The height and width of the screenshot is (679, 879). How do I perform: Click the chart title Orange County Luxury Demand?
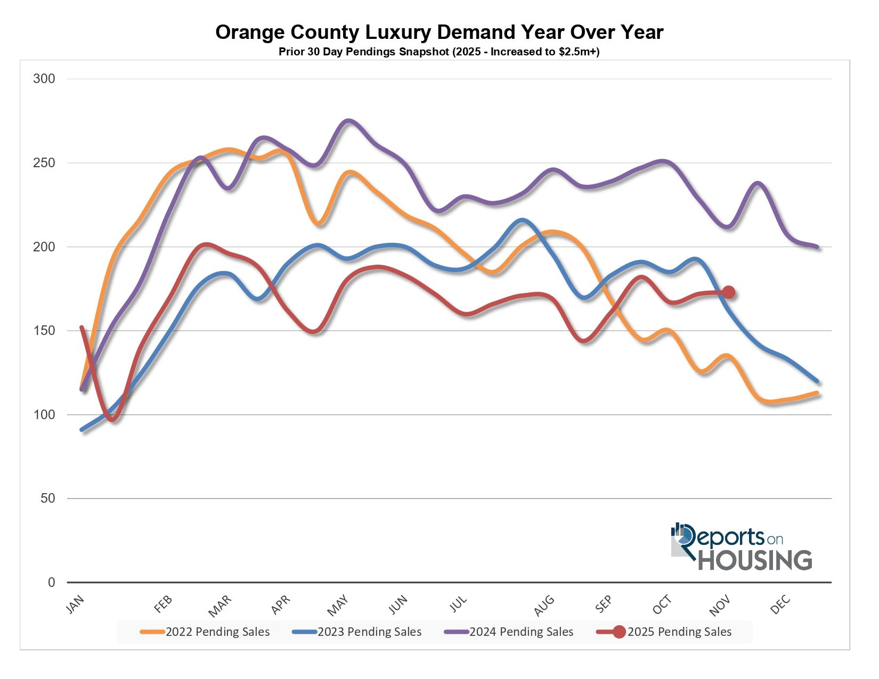click(x=439, y=32)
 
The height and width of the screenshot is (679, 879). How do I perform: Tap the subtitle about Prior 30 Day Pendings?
click(x=439, y=52)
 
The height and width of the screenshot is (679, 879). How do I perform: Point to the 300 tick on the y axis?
click(x=44, y=79)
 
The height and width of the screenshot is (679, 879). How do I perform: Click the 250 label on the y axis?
click(x=44, y=163)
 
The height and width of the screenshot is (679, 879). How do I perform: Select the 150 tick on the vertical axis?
click(x=44, y=331)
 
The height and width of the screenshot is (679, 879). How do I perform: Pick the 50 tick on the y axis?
click(x=47, y=498)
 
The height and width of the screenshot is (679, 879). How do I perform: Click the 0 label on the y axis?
click(x=51, y=583)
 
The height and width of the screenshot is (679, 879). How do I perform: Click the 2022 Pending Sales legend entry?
click(x=206, y=632)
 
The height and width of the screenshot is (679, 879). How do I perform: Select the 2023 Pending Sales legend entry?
click(x=357, y=632)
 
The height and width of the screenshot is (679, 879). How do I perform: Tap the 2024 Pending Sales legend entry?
click(x=509, y=632)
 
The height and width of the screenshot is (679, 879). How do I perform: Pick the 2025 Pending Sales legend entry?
click(x=666, y=632)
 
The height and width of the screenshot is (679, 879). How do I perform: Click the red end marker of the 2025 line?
click(x=728, y=292)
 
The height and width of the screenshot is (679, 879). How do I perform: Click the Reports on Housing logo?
click(x=742, y=546)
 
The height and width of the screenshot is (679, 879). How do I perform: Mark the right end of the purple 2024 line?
click(x=817, y=247)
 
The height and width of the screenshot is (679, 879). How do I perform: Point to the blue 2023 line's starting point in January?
click(x=82, y=430)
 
